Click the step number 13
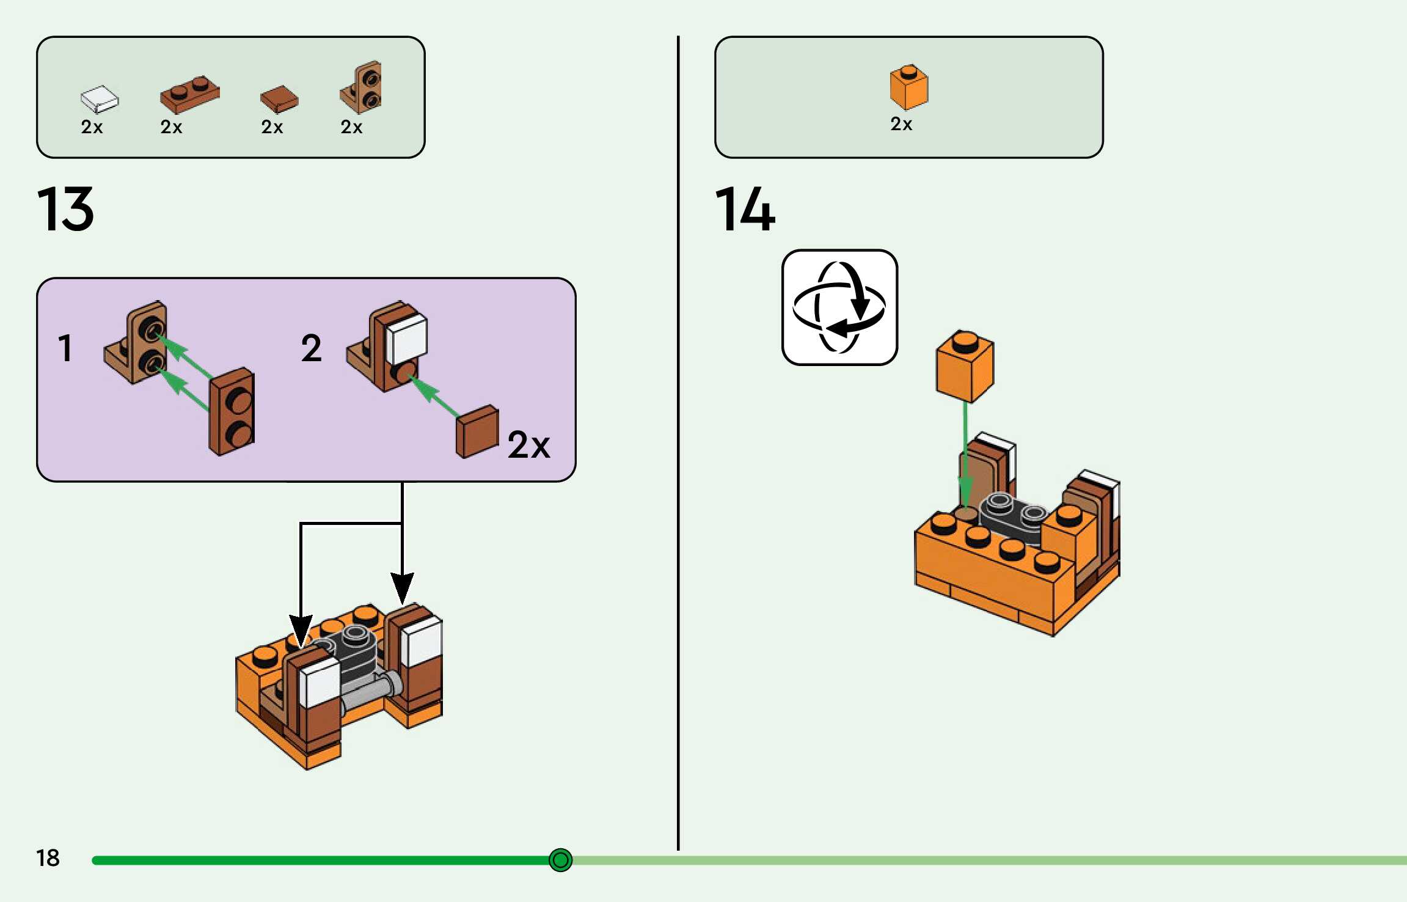[65, 209]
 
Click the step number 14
[745, 209]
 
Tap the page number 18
[48, 858]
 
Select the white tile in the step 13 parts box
[100, 99]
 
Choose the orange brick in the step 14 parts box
[908, 87]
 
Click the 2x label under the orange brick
[901, 124]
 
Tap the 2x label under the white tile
[92, 127]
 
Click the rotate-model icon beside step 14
[839, 307]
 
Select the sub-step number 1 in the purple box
[65, 348]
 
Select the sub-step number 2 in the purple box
[311, 348]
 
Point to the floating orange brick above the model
[965, 366]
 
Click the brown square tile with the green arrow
[477, 431]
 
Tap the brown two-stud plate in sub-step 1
[232, 412]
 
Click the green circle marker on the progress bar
[560, 860]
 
